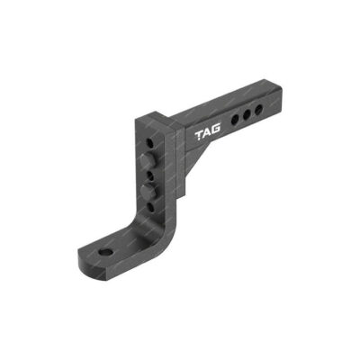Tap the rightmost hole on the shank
(257, 111)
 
